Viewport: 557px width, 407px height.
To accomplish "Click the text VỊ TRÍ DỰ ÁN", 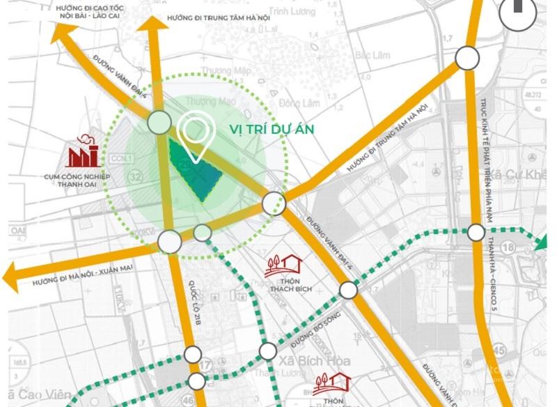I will pos(272,129).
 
